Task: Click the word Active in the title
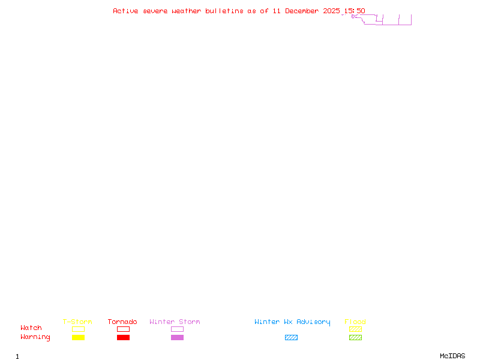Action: point(126,11)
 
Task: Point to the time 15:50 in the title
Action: point(354,11)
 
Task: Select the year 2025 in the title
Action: point(331,11)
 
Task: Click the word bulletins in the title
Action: point(224,11)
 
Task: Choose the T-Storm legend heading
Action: point(77,322)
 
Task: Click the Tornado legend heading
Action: point(122,322)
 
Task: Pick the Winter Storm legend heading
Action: point(175,322)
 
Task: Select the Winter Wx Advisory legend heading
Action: point(292,322)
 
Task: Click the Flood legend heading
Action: point(355,322)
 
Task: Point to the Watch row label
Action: point(31,328)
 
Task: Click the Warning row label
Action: point(35,337)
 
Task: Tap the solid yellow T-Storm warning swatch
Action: point(78,338)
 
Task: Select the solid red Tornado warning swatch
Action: point(123,338)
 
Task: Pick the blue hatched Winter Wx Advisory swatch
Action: point(291,338)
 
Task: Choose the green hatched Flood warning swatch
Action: point(355,338)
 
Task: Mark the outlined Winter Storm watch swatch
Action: point(177,329)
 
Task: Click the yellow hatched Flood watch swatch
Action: point(355,329)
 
